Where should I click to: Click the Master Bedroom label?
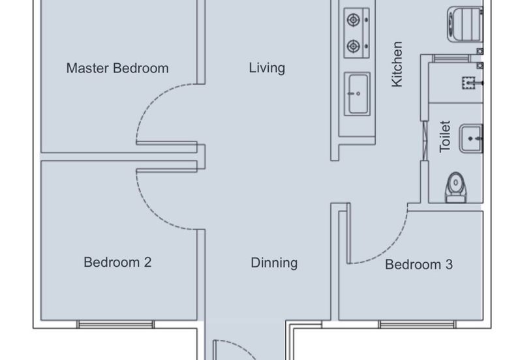pyautogui.click(x=117, y=68)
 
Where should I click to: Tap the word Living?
pyautogui.click(x=267, y=68)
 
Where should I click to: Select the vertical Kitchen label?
pyautogui.click(x=397, y=64)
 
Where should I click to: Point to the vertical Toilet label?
pyautogui.click(x=445, y=136)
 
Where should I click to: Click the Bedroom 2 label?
pyautogui.click(x=117, y=262)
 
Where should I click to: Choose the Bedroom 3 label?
pyautogui.click(x=419, y=265)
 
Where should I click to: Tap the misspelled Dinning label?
pyautogui.click(x=274, y=263)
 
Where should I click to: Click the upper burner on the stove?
pyautogui.click(x=354, y=19)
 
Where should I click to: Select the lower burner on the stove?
pyautogui.click(x=354, y=46)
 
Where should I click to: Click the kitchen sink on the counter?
pyautogui.click(x=357, y=94)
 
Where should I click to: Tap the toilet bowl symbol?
pyautogui.click(x=455, y=188)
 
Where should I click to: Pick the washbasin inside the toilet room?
pyautogui.click(x=470, y=138)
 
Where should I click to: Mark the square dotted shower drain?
pyautogui.click(x=468, y=82)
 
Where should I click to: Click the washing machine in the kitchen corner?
pyautogui.click(x=465, y=23)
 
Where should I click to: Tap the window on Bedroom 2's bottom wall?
pyautogui.click(x=115, y=324)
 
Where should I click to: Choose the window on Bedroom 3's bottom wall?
pyautogui.click(x=417, y=324)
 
